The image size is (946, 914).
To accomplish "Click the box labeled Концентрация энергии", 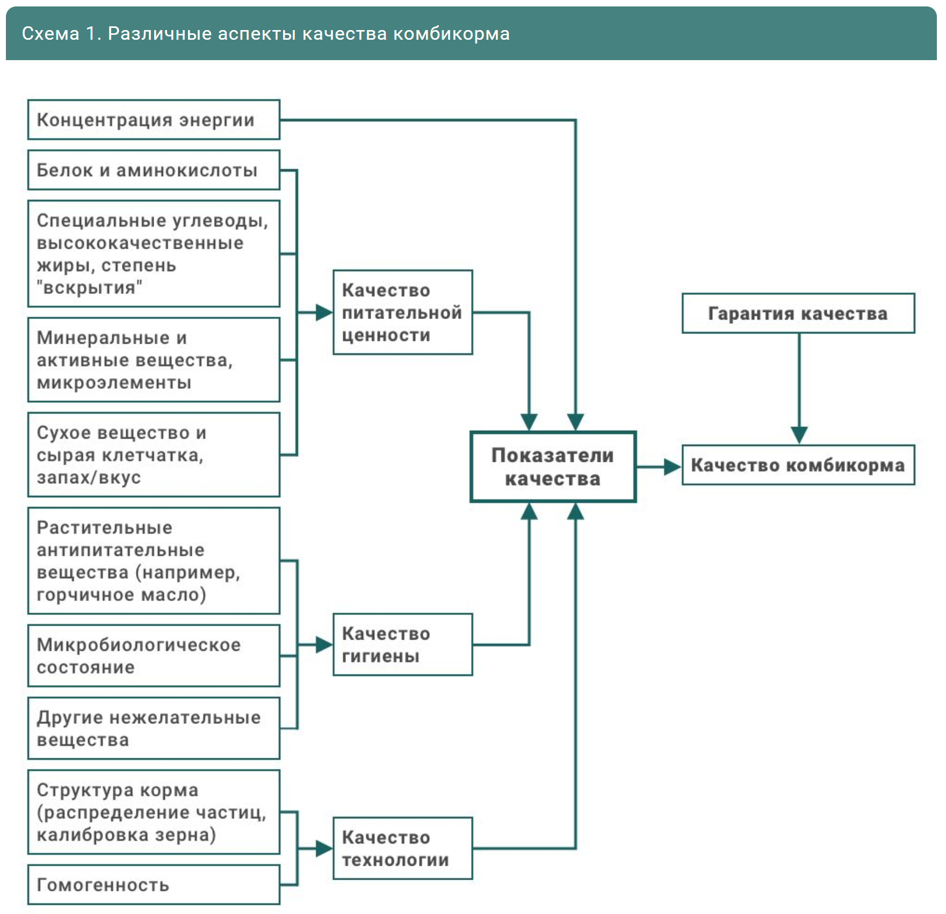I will (154, 120).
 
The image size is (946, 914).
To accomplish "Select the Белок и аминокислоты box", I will (154, 170).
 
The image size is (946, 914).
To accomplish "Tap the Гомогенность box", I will (154, 884).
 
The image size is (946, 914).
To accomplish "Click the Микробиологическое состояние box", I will (154, 656).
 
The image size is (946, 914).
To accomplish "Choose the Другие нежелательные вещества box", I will (154, 728).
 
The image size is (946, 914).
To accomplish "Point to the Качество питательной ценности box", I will (402, 313).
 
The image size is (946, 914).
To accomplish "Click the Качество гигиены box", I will (402, 644).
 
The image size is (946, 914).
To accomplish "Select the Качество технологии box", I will (402, 848).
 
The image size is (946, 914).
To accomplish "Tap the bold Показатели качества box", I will (553, 467).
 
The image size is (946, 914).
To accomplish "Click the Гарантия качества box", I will (798, 313).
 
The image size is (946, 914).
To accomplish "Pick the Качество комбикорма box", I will (798, 465).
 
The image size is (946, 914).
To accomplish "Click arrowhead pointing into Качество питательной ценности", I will (324, 313).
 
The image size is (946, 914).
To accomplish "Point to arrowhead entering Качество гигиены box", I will (324, 644).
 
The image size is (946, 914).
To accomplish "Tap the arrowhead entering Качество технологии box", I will (324, 848).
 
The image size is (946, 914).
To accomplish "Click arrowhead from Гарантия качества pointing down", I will (799, 434).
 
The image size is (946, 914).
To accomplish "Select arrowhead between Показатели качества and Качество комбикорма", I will (672, 467).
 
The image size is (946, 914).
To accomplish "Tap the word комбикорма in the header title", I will (451, 34).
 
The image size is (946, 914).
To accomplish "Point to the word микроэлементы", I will (114, 383).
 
